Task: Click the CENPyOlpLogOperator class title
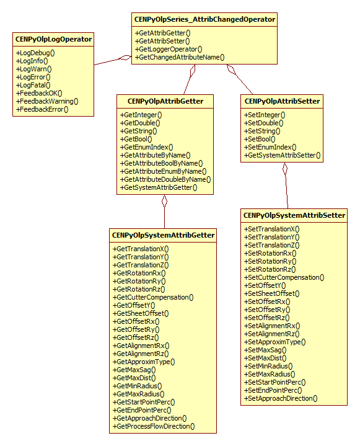click(53, 40)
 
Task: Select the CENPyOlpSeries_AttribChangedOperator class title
click(204, 20)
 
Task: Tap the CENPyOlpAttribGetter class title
click(165, 100)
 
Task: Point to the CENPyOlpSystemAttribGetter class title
click(164, 235)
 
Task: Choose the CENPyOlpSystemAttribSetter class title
click(294, 215)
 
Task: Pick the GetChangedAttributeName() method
click(180, 57)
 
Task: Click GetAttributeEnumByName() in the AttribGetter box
click(163, 171)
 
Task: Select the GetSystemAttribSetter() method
click(283, 155)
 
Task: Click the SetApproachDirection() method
click(282, 398)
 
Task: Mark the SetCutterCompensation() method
click(284, 278)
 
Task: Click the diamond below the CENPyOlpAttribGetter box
click(165, 201)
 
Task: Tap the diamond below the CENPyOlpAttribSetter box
click(285, 169)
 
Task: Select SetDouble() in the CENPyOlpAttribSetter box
click(263, 123)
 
